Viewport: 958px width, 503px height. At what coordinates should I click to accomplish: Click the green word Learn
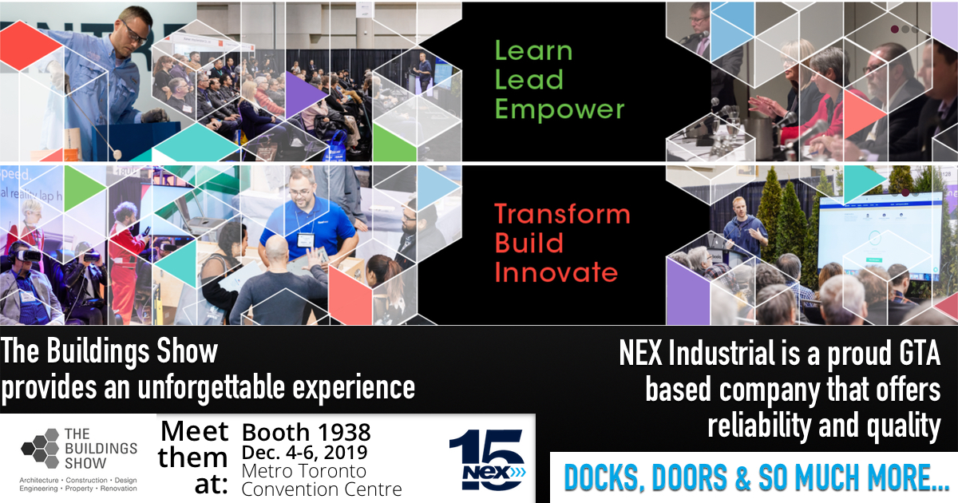pos(534,51)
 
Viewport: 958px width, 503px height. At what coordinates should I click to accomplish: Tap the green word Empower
pos(560,109)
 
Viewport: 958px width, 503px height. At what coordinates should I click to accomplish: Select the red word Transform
pos(562,214)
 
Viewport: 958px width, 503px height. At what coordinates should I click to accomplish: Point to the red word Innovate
pos(556,272)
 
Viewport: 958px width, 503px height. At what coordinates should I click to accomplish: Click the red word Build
pos(529,243)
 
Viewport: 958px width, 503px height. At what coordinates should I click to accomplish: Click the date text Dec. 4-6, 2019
pos(304,453)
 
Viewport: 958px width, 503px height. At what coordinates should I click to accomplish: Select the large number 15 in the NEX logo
pos(488,459)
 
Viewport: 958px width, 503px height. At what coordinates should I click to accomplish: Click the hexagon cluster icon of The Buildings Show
pos(40,448)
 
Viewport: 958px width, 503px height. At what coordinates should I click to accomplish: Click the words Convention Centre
pos(322,489)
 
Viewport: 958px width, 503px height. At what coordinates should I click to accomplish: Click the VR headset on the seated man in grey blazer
pos(26,255)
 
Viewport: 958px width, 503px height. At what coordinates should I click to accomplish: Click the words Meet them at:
pos(193,457)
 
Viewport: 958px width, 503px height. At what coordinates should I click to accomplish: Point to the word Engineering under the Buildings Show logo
pos(38,489)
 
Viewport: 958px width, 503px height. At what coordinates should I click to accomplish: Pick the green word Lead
pos(529,80)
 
